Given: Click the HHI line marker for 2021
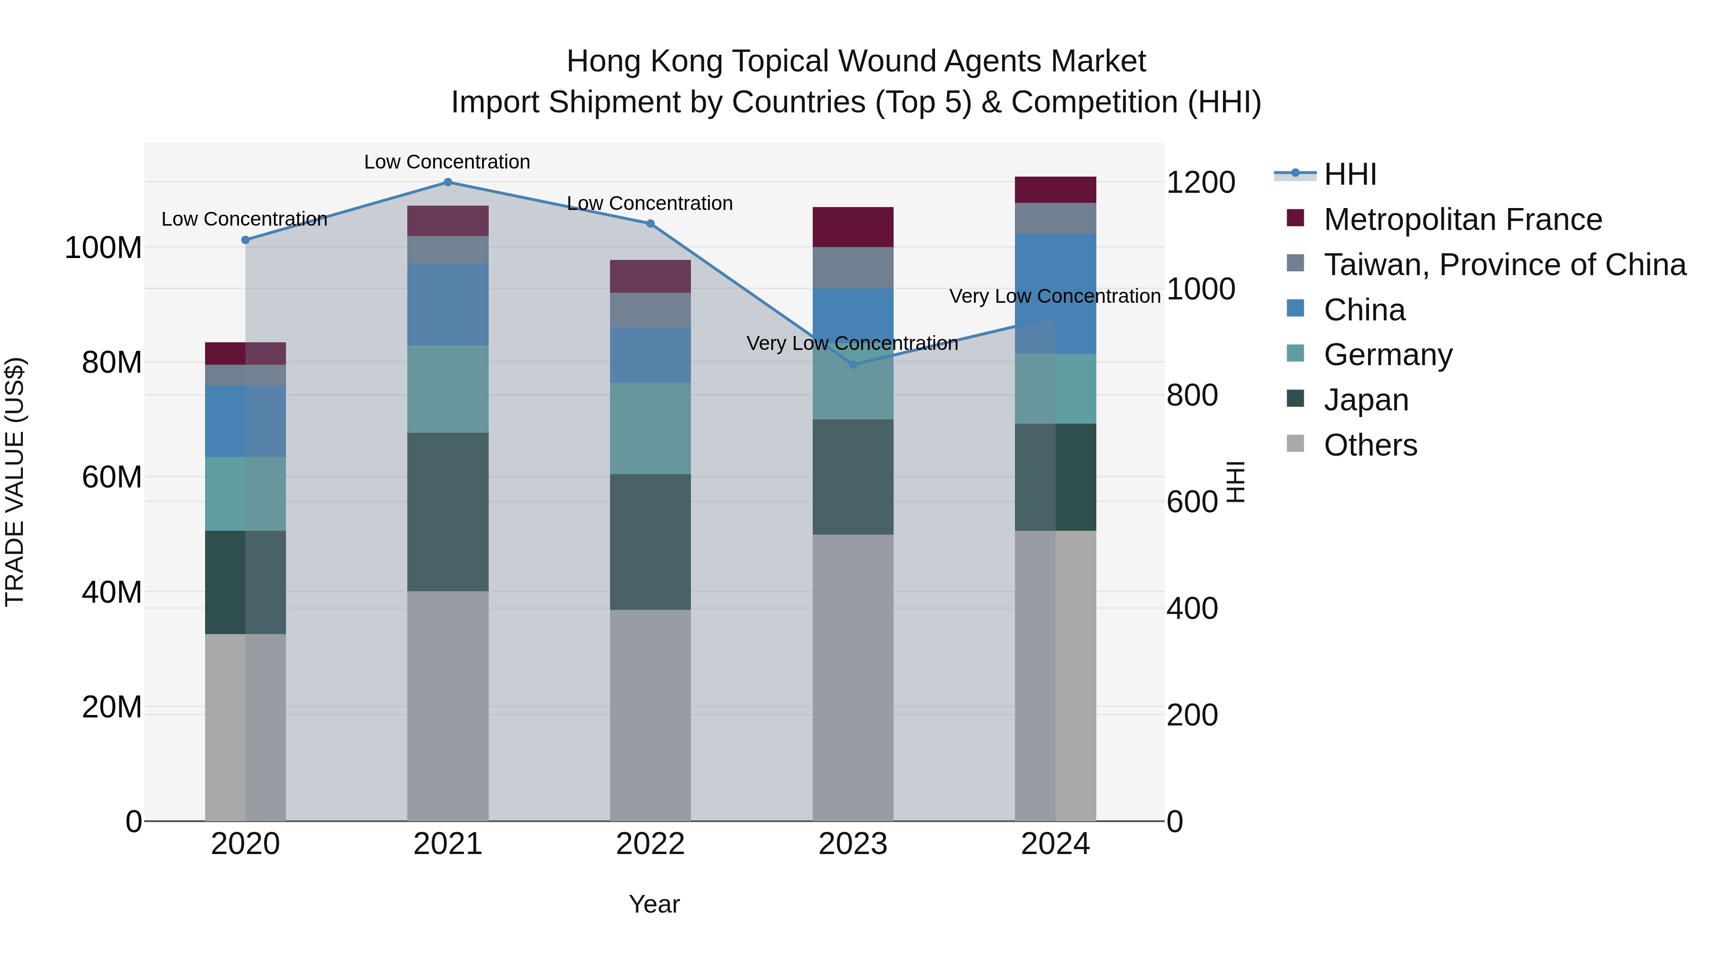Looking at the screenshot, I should (x=448, y=182).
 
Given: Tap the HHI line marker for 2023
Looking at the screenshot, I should (x=853, y=365).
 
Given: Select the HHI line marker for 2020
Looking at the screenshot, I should (x=246, y=240).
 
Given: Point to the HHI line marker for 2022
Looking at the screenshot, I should (x=650, y=224).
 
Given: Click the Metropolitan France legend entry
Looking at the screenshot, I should (x=1463, y=219).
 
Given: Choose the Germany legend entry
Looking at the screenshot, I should (x=1388, y=355).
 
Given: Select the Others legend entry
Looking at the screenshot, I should (x=1370, y=445).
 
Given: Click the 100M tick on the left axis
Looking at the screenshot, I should (x=103, y=248).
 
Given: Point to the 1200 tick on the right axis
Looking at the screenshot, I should (x=1201, y=182).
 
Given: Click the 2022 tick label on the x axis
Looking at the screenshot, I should (x=650, y=844).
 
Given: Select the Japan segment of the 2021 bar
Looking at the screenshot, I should (x=448, y=512).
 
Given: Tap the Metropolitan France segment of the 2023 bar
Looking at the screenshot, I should (x=853, y=227).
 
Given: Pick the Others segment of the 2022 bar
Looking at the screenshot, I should (x=650, y=715).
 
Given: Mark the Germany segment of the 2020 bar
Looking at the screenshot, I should (x=246, y=494).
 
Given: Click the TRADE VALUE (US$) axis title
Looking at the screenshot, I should (x=15, y=482).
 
